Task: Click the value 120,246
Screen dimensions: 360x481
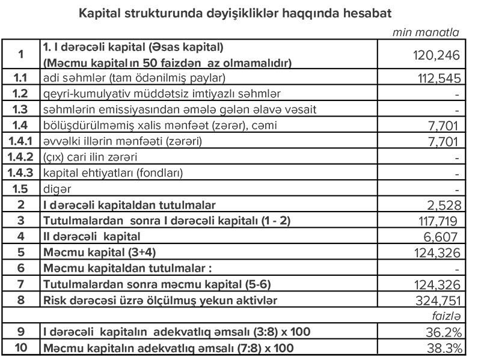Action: coord(436,56)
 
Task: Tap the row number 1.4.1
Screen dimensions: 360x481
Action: coord(20,142)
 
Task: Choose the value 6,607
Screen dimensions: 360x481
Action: coord(444,237)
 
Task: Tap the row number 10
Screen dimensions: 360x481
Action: coord(20,348)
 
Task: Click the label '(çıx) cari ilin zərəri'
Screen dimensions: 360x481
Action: coord(90,158)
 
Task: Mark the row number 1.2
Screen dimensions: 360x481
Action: coord(20,94)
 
